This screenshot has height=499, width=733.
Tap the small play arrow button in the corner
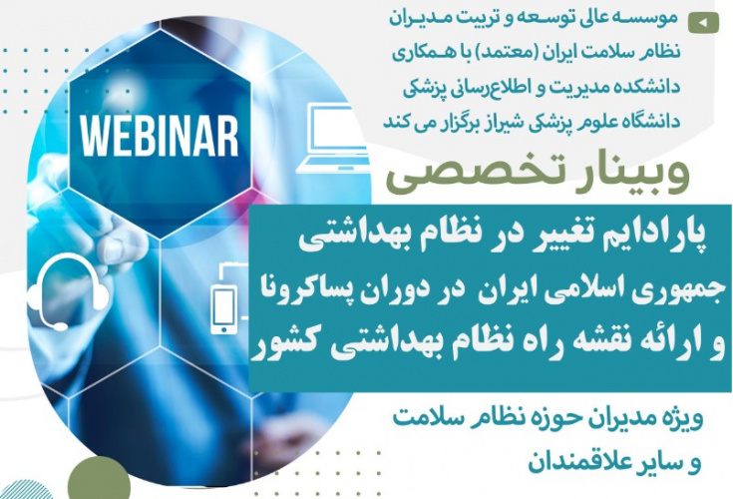click(706, 20)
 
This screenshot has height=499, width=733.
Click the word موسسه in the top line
click(648, 18)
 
